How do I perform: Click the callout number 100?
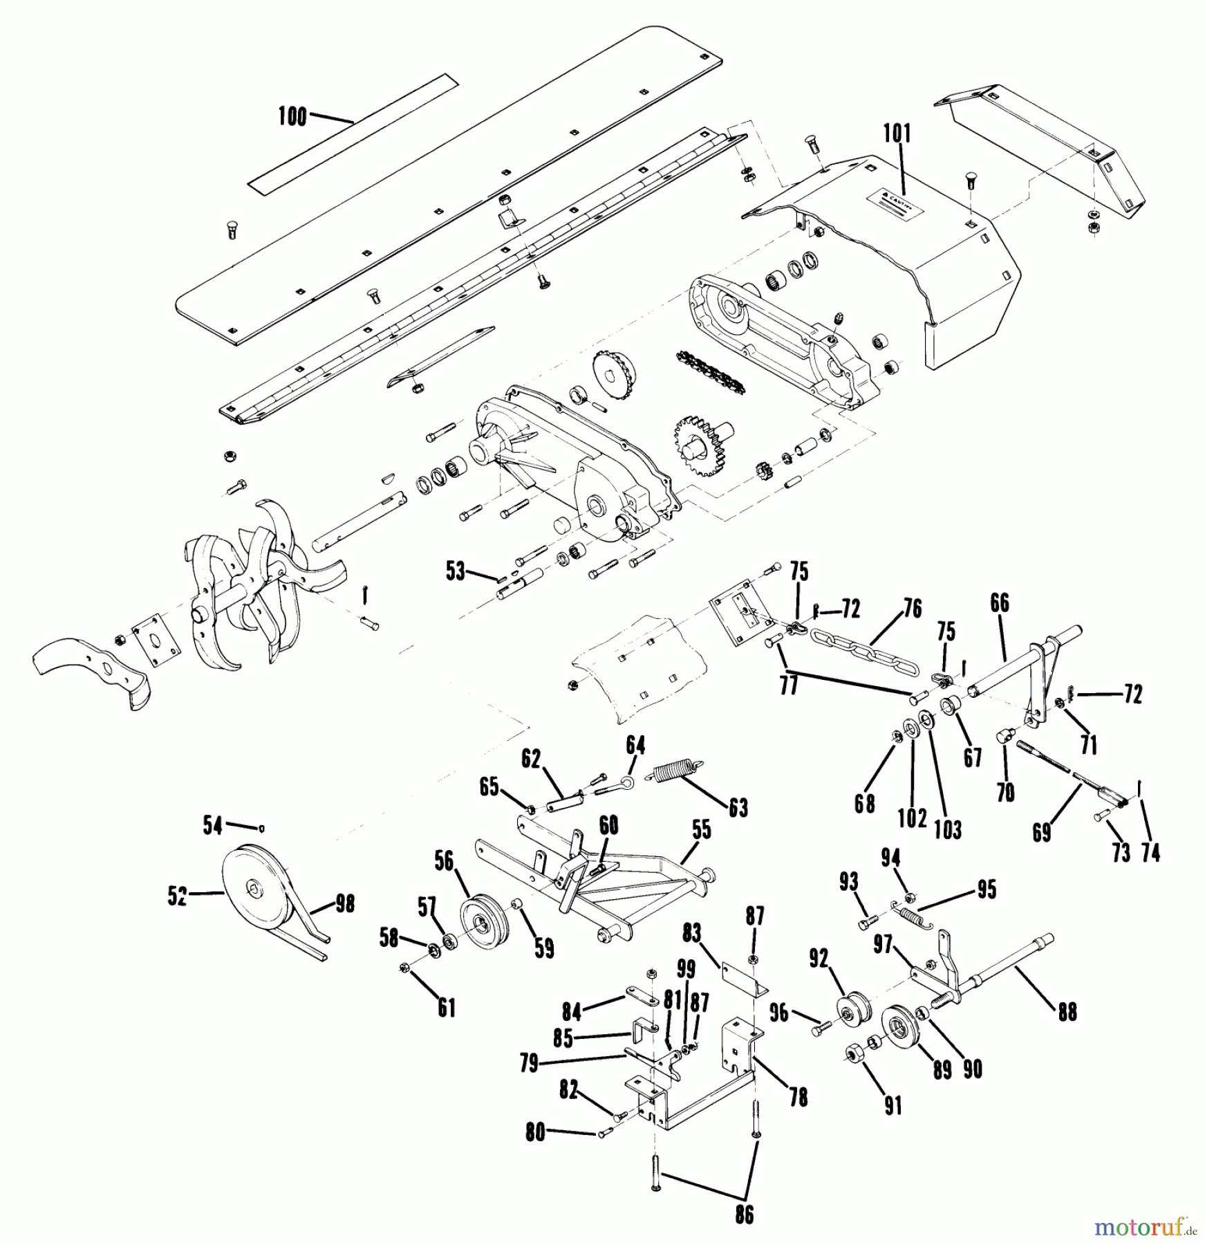(x=292, y=117)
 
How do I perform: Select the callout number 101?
(x=897, y=133)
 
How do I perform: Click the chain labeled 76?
(x=865, y=652)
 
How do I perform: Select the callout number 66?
(x=999, y=603)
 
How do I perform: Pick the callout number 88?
(x=1067, y=1012)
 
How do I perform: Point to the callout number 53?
(x=455, y=572)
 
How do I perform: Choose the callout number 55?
(x=701, y=830)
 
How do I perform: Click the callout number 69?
(x=1041, y=832)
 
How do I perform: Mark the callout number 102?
(x=912, y=818)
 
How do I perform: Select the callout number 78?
(x=798, y=1098)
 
